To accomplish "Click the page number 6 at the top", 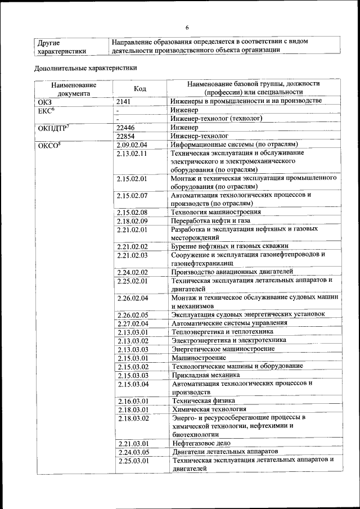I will [187, 28].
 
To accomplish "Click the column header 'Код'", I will [140, 88].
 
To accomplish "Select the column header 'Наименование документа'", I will [73, 88].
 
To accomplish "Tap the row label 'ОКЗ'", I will [44, 102].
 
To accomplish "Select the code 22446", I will [126, 128].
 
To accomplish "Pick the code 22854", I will [126, 136].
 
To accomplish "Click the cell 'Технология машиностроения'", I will [216, 212].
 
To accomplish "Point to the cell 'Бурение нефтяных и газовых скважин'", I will [229, 246].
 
